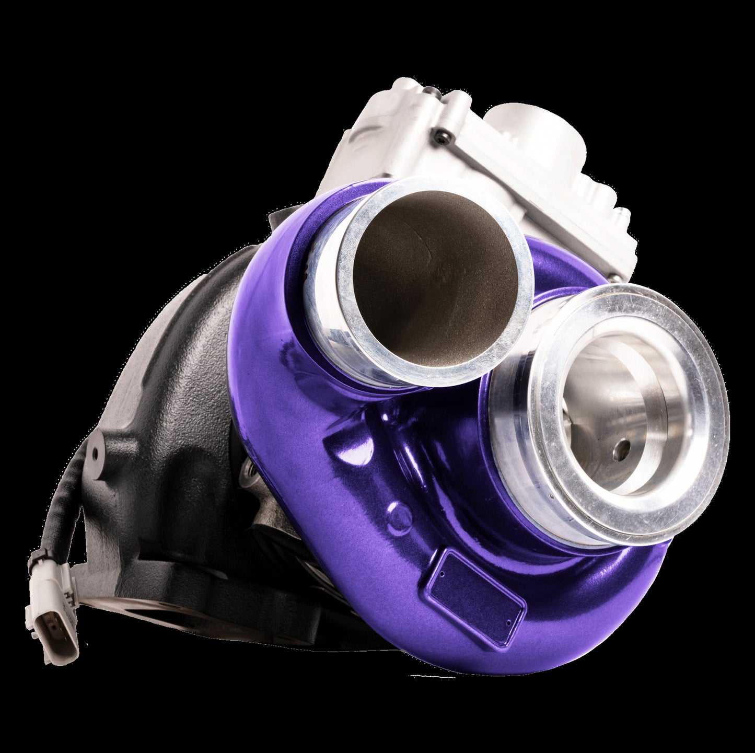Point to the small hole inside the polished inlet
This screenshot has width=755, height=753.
point(622,448)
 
